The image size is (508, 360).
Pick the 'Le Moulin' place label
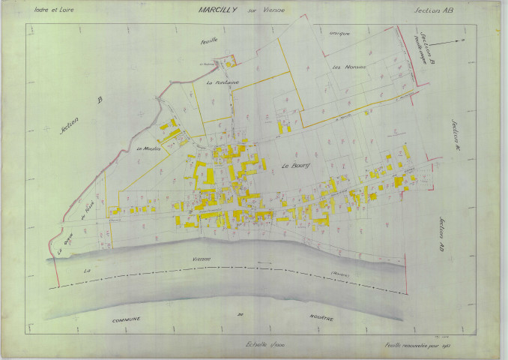point(150,148)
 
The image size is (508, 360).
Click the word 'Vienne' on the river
point(200,259)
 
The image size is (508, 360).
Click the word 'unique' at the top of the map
point(339,33)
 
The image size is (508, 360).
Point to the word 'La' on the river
point(87,268)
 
